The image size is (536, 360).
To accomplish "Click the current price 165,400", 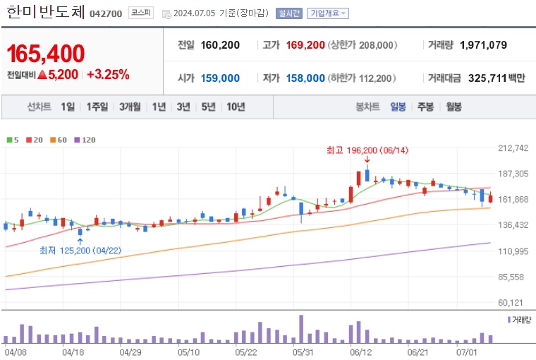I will point(46,53).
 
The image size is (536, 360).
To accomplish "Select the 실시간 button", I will point(289,13).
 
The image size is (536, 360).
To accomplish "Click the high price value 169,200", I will point(306,45).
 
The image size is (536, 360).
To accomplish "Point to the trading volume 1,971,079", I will point(483,45).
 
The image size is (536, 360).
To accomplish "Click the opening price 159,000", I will point(219,78).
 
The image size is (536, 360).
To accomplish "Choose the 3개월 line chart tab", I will point(130,107).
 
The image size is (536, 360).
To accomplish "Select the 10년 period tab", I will point(235,107).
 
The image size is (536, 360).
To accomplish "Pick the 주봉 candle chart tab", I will point(425,107).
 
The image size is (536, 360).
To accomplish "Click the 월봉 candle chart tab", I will point(453,107).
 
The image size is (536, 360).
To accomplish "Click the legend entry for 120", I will point(85,140).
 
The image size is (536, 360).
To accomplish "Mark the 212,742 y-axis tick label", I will point(513,148).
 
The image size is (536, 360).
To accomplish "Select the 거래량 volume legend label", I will point(520,320).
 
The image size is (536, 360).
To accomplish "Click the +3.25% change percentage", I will point(108,74).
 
